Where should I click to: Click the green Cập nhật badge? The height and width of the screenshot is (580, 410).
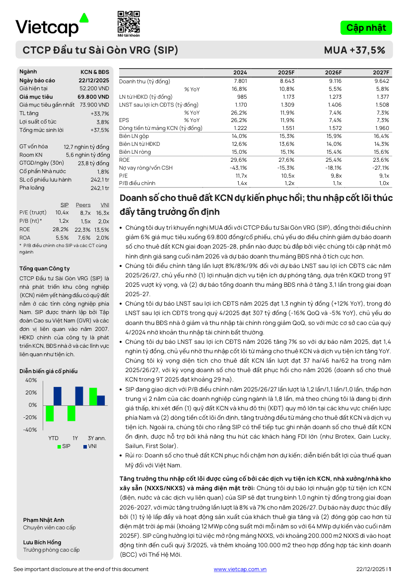pyautogui.click(x=366, y=28)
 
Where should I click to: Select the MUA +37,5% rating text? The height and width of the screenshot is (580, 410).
pyautogui.click(x=354, y=50)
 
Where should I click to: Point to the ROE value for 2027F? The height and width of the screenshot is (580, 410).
pyautogui.click(x=381, y=160)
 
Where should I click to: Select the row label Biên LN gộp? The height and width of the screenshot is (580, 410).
pyautogui.click(x=134, y=136)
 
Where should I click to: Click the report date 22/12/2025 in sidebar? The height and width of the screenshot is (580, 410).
pyautogui.click(x=93, y=80)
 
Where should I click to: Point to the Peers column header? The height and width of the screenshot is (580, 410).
pyautogui.click(x=83, y=205)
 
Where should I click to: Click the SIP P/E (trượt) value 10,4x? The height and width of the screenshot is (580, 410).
pyautogui.click(x=62, y=213)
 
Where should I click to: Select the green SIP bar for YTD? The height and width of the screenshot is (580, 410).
pyautogui.click(x=50, y=413)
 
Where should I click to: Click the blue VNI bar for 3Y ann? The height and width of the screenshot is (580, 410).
pyautogui.click(x=101, y=400)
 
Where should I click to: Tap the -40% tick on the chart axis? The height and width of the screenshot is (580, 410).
pyautogui.click(x=30, y=430)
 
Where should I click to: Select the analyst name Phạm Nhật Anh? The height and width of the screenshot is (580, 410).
pyautogui.click(x=44, y=520)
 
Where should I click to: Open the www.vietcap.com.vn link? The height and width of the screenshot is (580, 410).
pyautogui.click(x=240, y=570)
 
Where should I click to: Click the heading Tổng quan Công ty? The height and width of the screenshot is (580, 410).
pyautogui.click(x=44, y=268)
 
